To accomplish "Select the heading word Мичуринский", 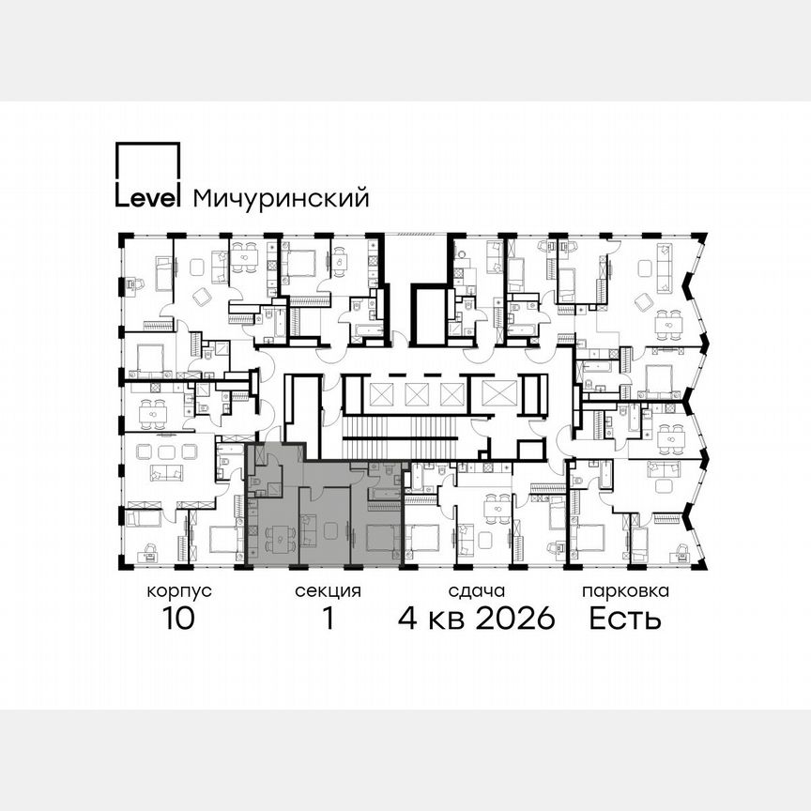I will [280, 199].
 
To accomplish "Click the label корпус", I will [177, 592].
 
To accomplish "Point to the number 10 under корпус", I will [177, 619].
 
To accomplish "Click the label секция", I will [328, 592].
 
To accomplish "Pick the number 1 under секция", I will [328, 619].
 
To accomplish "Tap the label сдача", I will [477, 592].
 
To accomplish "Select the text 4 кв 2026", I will [477, 619].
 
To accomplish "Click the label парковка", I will [625, 592].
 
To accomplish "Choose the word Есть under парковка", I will [625, 619].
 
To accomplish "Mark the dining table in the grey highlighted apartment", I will [280, 539].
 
